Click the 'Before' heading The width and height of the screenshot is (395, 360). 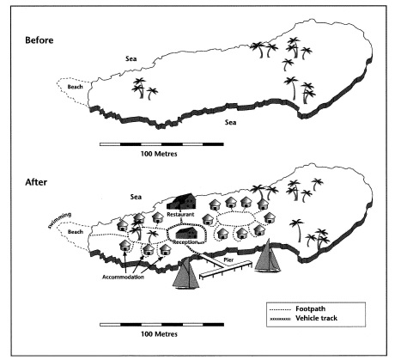point(39,40)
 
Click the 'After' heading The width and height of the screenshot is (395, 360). point(36,182)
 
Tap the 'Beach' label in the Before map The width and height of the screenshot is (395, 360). point(75,87)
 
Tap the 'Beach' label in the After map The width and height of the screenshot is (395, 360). point(76,232)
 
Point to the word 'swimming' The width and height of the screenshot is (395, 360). point(59,220)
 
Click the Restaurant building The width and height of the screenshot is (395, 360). point(181,202)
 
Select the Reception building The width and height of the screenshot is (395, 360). point(187,234)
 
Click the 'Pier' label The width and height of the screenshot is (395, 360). point(228,260)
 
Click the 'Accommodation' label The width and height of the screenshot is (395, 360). point(123,277)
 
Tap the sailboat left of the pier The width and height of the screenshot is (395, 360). point(185,273)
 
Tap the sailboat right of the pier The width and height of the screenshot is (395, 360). point(267,256)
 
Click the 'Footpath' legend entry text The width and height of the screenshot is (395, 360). point(311,308)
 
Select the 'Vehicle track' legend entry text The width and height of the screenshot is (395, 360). point(317,318)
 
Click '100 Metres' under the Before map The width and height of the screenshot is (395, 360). point(159,154)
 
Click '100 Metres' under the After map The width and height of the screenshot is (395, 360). point(159,334)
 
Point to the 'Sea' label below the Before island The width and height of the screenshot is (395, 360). point(230,123)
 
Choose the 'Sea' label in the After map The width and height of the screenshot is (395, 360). point(136,197)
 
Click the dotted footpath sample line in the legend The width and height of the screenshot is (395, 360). point(280,310)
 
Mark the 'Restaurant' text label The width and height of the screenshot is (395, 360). point(180,214)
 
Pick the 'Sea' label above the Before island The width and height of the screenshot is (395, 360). point(131,58)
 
